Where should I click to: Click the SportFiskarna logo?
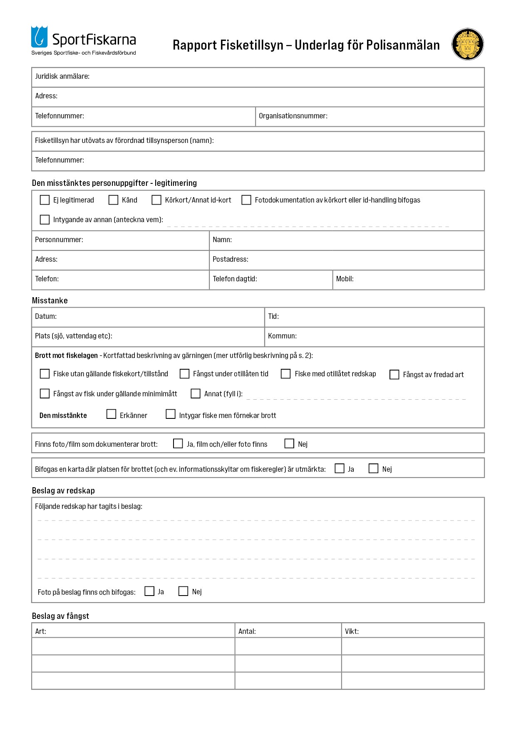pos(83,40)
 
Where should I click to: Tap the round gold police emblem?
pos(467,44)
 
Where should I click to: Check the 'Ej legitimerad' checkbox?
pos(45,200)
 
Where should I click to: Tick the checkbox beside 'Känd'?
pos(113,200)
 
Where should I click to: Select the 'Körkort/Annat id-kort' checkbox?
pos(156,200)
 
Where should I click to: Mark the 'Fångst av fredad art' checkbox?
pos(394,375)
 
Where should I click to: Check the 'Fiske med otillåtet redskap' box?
pos(286,374)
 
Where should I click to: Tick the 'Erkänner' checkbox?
pos(111,414)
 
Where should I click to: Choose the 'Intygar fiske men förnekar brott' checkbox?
pos(171,414)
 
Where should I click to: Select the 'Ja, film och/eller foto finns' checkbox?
pos(178,443)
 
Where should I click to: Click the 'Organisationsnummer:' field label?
pos(293,116)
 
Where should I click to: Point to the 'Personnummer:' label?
pos(59,240)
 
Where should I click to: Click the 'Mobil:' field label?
pos(345,279)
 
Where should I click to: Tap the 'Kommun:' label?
pos(282,336)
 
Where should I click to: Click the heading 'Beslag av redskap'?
pos(63,491)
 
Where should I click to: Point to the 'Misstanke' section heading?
pos(50,300)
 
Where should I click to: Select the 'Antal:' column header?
pos(247,631)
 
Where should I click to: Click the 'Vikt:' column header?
pos(352,631)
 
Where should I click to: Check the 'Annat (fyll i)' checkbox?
pos(196,393)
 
